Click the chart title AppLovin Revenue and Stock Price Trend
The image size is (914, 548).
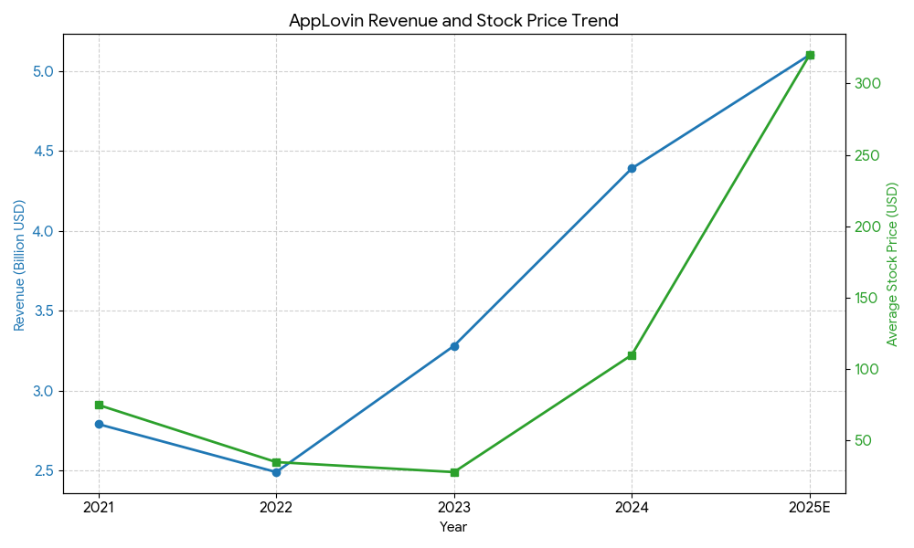(x=453, y=21)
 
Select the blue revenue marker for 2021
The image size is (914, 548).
(x=99, y=424)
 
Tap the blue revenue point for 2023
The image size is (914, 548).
(x=454, y=346)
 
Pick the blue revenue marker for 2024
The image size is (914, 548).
(x=632, y=168)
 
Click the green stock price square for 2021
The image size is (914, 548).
(x=99, y=405)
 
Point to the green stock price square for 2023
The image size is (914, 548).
(x=454, y=472)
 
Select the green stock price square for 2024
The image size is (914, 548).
(x=632, y=355)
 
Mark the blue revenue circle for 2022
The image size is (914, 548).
(x=276, y=472)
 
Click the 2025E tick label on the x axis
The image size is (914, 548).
(x=809, y=507)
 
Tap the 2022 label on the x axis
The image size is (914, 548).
(x=276, y=507)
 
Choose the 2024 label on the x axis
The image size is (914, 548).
(x=632, y=507)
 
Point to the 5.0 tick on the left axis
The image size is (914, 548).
(x=43, y=71)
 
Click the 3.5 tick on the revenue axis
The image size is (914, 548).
(x=43, y=311)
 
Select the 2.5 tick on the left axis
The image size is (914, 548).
(x=43, y=471)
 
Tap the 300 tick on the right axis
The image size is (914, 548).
(x=867, y=84)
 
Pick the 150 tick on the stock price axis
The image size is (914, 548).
(x=867, y=298)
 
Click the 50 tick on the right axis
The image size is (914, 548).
(x=864, y=441)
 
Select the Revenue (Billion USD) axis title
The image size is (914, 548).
(x=19, y=265)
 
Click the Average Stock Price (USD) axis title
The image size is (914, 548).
(x=893, y=264)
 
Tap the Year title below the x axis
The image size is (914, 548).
(x=453, y=527)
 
